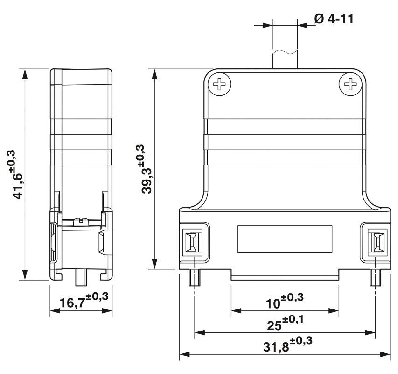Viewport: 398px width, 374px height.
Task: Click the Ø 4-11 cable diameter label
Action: coord(334,19)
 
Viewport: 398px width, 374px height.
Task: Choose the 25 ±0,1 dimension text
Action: coord(285,322)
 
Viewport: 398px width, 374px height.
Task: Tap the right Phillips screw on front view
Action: coord(350,85)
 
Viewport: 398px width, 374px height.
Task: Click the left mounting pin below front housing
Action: coord(193,279)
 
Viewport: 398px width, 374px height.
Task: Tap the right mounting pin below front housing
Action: coord(375,279)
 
